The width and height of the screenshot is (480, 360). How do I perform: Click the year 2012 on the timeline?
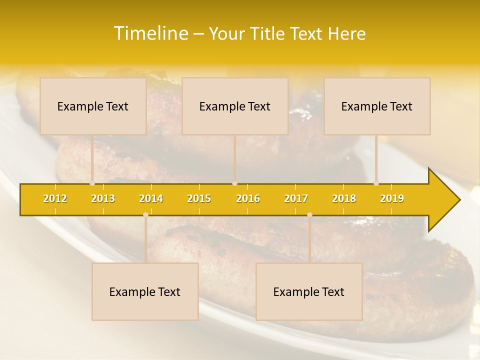pyautogui.click(x=55, y=198)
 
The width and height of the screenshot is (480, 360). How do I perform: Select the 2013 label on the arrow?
pyautogui.click(x=103, y=198)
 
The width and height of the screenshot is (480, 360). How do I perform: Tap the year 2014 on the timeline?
pyautogui.click(x=151, y=198)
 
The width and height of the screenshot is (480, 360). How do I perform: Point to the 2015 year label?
pyautogui.click(x=199, y=198)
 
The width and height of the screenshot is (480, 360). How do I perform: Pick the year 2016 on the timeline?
pyautogui.click(x=248, y=198)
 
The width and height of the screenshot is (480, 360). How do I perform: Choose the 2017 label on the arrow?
pyautogui.click(x=296, y=198)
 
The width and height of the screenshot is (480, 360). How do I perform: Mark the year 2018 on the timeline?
pyautogui.click(x=344, y=198)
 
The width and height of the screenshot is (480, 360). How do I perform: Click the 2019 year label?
pyautogui.click(x=392, y=198)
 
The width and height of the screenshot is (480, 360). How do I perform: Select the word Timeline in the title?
pyautogui.click(x=150, y=33)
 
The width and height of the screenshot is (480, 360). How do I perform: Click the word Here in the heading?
pyautogui.click(x=346, y=34)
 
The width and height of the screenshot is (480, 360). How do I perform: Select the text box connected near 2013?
pyautogui.click(x=93, y=106)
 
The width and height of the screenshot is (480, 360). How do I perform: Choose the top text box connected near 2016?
pyautogui.click(x=235, y=106)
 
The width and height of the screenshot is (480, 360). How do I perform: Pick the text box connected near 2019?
pyautogui.click(x=377, y=106)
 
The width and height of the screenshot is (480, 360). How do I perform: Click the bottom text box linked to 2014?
pyautogui.click(x=145, y=291)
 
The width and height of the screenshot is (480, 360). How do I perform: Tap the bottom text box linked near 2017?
pyautogui.click(x=309, y=291)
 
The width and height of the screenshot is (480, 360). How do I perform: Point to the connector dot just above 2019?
pyautogui.click(x=376, y=183)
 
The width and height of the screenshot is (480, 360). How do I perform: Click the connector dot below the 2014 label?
pyautogui.click(x=145, y=215)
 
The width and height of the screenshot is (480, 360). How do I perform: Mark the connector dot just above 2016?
pyautogui.click(x=234, y=183)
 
